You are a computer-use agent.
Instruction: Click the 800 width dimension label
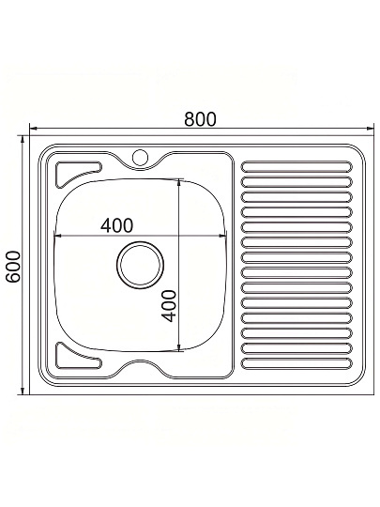point(200,119)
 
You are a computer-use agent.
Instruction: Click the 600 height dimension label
point(13,267)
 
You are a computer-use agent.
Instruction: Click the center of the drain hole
point(140,265)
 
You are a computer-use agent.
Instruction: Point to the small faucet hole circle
point(140,157)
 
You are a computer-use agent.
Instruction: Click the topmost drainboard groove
point(296,166)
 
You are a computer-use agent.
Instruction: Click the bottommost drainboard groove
point(296,363)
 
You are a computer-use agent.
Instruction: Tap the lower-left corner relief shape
point(78,357)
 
